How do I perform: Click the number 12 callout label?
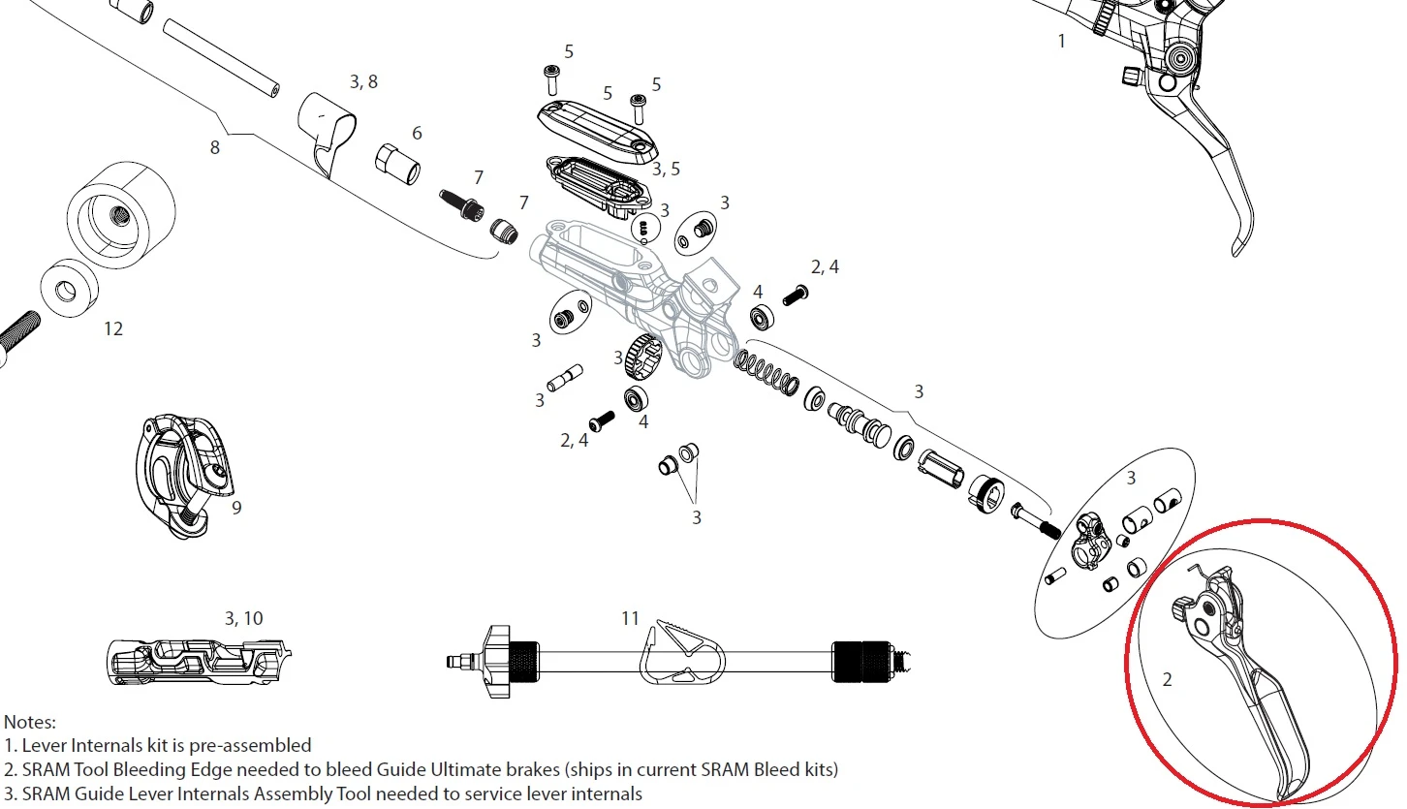click(x=113, y=329)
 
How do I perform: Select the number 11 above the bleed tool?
click(x=631, y=617)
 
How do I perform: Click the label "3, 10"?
click(x=243, y=618)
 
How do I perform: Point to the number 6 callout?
click(x=417, y=133)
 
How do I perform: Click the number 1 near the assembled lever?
click(x=1061, y=41)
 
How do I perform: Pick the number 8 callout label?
click(x=214, y=147)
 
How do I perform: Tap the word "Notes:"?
click(x=30, y=722)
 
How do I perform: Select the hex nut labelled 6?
click(x=397, y=164)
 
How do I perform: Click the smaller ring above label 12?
click(x=67, y=289)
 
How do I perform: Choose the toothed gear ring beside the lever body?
click(x=639, y=354)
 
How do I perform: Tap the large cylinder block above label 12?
click(x=120, y=214)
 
